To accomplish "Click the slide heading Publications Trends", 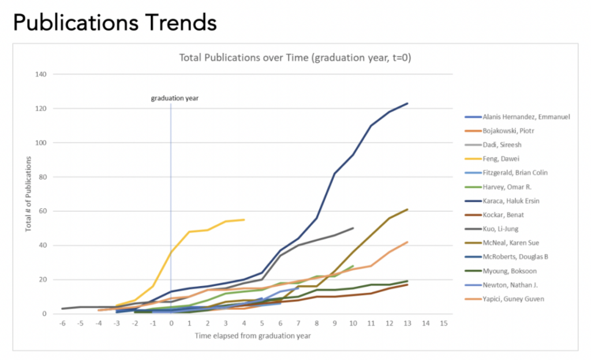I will pos(114,22).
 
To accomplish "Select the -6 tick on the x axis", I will pos(62,324).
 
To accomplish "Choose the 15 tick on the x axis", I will pos(444,324).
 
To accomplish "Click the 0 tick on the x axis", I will pos(171,324).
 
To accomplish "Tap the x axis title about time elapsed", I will pos(253,336).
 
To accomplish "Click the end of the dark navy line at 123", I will pos(407,104).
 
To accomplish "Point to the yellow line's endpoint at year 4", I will pos(244,220).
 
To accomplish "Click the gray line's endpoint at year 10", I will pos(353,228).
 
